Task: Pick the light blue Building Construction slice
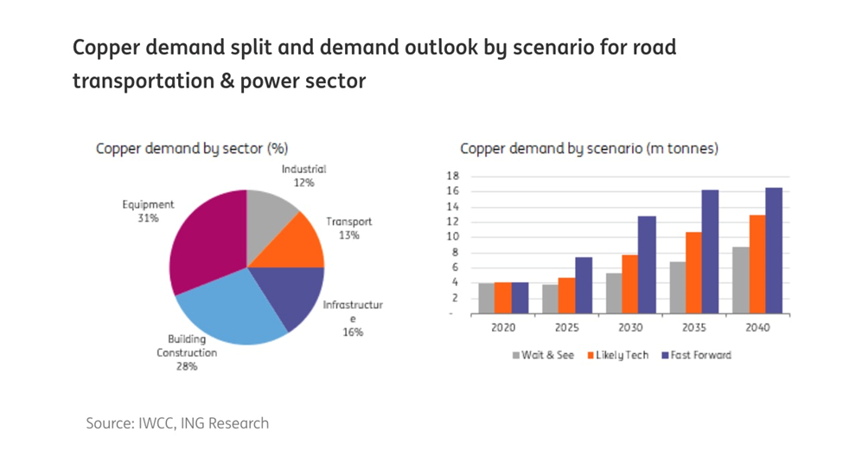pos(229,312)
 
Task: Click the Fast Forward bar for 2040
pos(773,250)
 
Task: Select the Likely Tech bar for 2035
pos(693,272)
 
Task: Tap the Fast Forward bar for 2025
pos(584,285)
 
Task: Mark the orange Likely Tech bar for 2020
pos(503,297)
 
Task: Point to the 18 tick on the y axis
pos(452,177)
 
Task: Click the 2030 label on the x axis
pos(629,328)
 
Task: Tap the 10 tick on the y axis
pos(452,237)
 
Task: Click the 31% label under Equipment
pos(148,218)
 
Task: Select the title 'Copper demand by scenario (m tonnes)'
pos(589,149)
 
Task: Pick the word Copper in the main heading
pos(106,47)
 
